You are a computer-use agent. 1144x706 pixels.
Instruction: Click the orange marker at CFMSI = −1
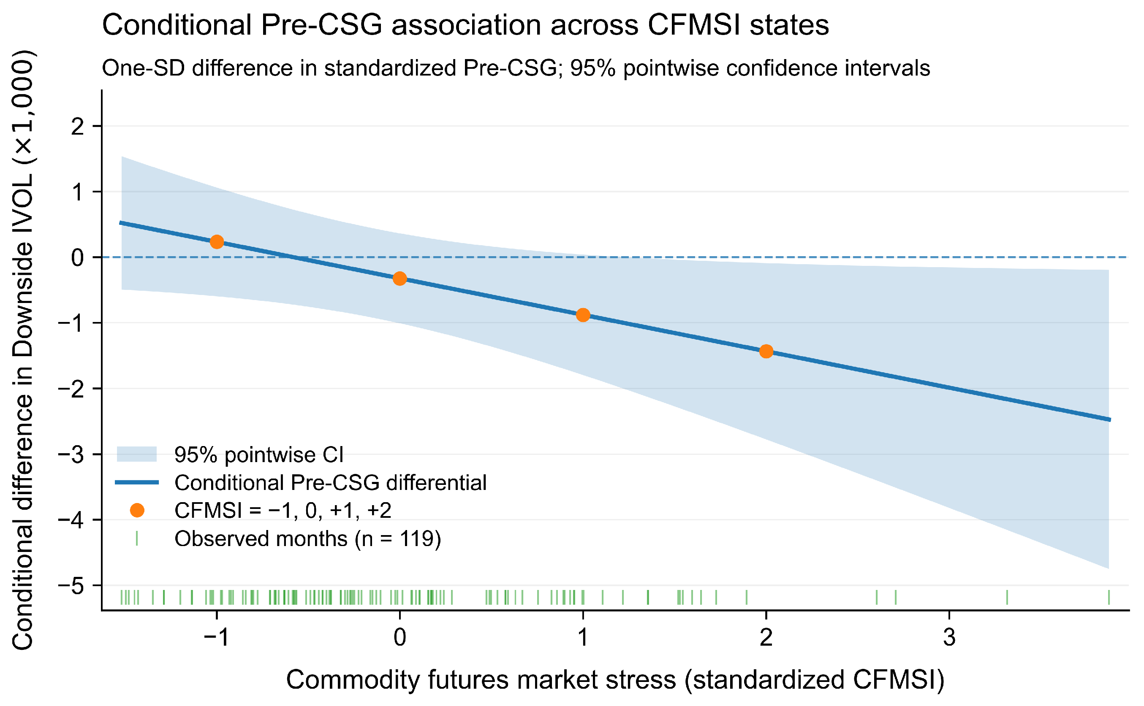tap(216, 242)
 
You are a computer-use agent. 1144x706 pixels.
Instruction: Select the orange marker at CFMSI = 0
tap(399, 279)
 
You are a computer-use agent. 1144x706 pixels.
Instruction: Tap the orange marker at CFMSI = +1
tap(582, 315)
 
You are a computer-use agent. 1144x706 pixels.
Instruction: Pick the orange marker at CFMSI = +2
tap(766, 352)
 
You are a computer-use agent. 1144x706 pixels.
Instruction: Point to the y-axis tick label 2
tap(78, 127)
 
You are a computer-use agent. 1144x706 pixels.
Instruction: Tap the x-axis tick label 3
tap(949, 637)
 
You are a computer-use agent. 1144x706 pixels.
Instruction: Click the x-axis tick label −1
tap(216, 637)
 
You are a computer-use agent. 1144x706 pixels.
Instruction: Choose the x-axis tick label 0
tap(399, 637)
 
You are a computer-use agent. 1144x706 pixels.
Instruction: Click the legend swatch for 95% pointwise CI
tap(136, 454)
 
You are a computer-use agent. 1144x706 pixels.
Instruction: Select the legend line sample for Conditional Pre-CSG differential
tap(136, 483)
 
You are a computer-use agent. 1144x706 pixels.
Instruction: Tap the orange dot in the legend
tap(137, 510)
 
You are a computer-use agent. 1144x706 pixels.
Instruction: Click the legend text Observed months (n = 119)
tap(307, 539)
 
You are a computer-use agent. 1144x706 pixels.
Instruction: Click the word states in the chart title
tap(789, 25)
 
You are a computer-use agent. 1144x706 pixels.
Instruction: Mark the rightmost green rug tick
tap(1109, 597)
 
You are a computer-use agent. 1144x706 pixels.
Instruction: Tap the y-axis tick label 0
tap(78, 258)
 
